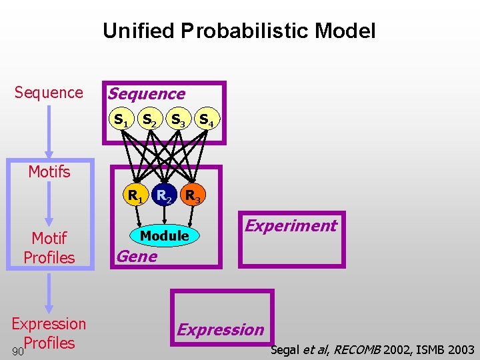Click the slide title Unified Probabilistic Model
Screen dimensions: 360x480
(x=239, y=31)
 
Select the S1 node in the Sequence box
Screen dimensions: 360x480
(x=121, y=121)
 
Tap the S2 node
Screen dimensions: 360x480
(x=149, y=121)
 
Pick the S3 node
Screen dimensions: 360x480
(x=178, y=121)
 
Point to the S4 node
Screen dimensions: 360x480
(x=207, y=121)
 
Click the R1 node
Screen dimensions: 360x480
(x=137, y=196)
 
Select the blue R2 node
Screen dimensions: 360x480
(x=165, y=195)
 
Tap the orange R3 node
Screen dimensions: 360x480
(x=193, y=196)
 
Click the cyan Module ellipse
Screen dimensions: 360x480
(x=165, y=235)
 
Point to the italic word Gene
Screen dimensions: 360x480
(x=137, y=257)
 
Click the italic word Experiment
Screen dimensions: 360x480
(x=291, y=225)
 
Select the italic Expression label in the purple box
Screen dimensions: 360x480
(x=221, y=329)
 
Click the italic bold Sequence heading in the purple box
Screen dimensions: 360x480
(x=147, y=94)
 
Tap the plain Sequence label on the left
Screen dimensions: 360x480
(x=49, y=93)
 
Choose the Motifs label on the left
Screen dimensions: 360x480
(x=49, y=172)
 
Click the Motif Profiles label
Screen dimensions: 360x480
(x=49, y=247)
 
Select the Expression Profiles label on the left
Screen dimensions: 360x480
(x=49, y=333)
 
